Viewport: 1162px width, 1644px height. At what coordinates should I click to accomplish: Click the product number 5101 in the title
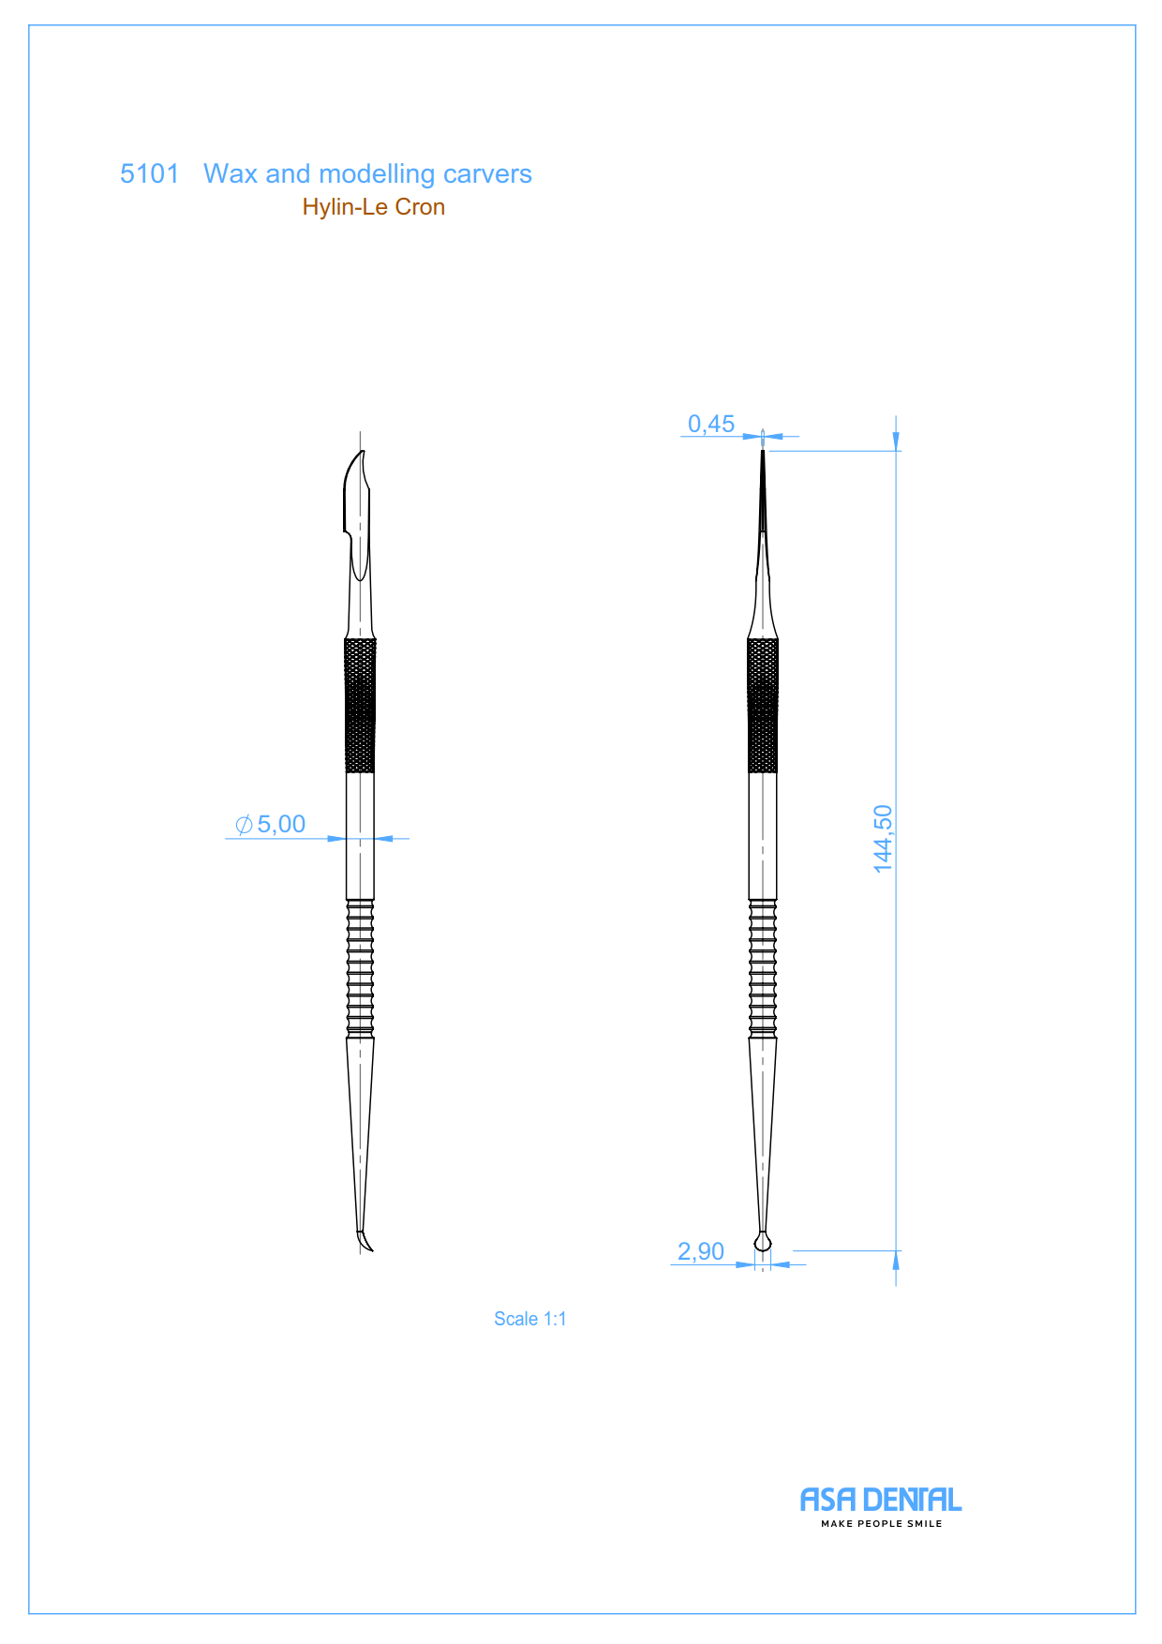[x=149, y=173]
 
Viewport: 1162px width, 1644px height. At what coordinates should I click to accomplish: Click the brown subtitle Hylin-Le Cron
[x=373, y=206]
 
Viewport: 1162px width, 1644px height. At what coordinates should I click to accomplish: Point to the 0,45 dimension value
[x=711, y=424]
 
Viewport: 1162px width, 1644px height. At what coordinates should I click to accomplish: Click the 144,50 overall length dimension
[x=883, y=839]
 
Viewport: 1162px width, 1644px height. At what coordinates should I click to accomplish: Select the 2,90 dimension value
[x=701, y=1251]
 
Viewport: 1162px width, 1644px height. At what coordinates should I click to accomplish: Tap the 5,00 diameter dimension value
[x=281, y=824]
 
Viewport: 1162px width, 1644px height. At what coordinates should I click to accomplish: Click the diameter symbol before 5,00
[x=244, y=825]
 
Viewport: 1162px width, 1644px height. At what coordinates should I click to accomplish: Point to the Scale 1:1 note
[x=530, y=1319]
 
